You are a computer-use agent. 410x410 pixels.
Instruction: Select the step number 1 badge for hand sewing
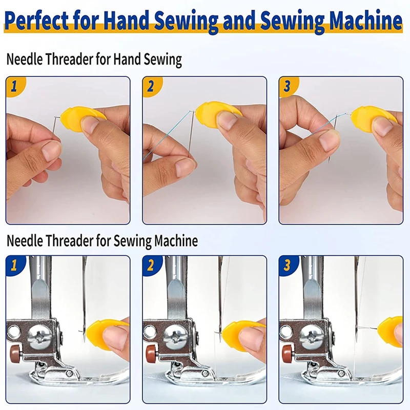(x=15, y=86)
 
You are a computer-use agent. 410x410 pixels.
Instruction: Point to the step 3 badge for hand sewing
(x=288, y=86)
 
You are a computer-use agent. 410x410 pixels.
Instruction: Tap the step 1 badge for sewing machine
(x=15, y=265)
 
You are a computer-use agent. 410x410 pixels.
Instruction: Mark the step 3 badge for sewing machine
(x=288, y=265)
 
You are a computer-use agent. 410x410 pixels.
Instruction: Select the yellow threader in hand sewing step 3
(x=371, y=115)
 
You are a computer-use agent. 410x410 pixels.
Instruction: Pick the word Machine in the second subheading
(x=176, y=240)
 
